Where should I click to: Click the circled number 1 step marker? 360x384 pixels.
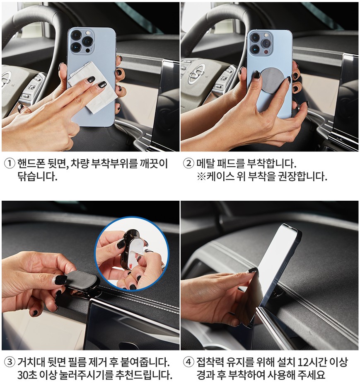10,163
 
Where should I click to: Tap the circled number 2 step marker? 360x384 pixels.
188,163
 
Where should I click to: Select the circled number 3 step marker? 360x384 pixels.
10,362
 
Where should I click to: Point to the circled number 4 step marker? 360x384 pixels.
188,362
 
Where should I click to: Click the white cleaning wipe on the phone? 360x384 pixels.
93,87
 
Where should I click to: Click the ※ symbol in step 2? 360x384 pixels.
201,176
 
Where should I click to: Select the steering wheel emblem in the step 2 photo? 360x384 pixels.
196,73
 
